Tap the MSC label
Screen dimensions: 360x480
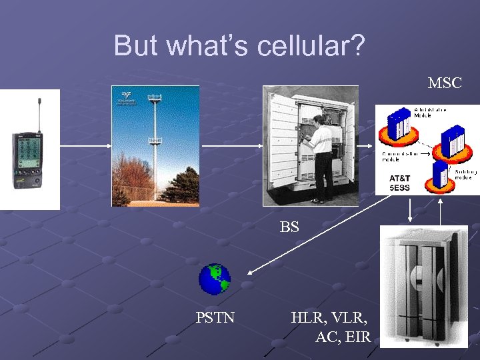coord(445,83)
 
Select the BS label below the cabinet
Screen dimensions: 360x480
coord(289,227)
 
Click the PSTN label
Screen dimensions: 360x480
coord(215,317)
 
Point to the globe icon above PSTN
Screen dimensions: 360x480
coord(215,279)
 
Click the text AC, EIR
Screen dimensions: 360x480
coord(343,336)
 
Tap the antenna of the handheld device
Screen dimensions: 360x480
coord(39,113)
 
